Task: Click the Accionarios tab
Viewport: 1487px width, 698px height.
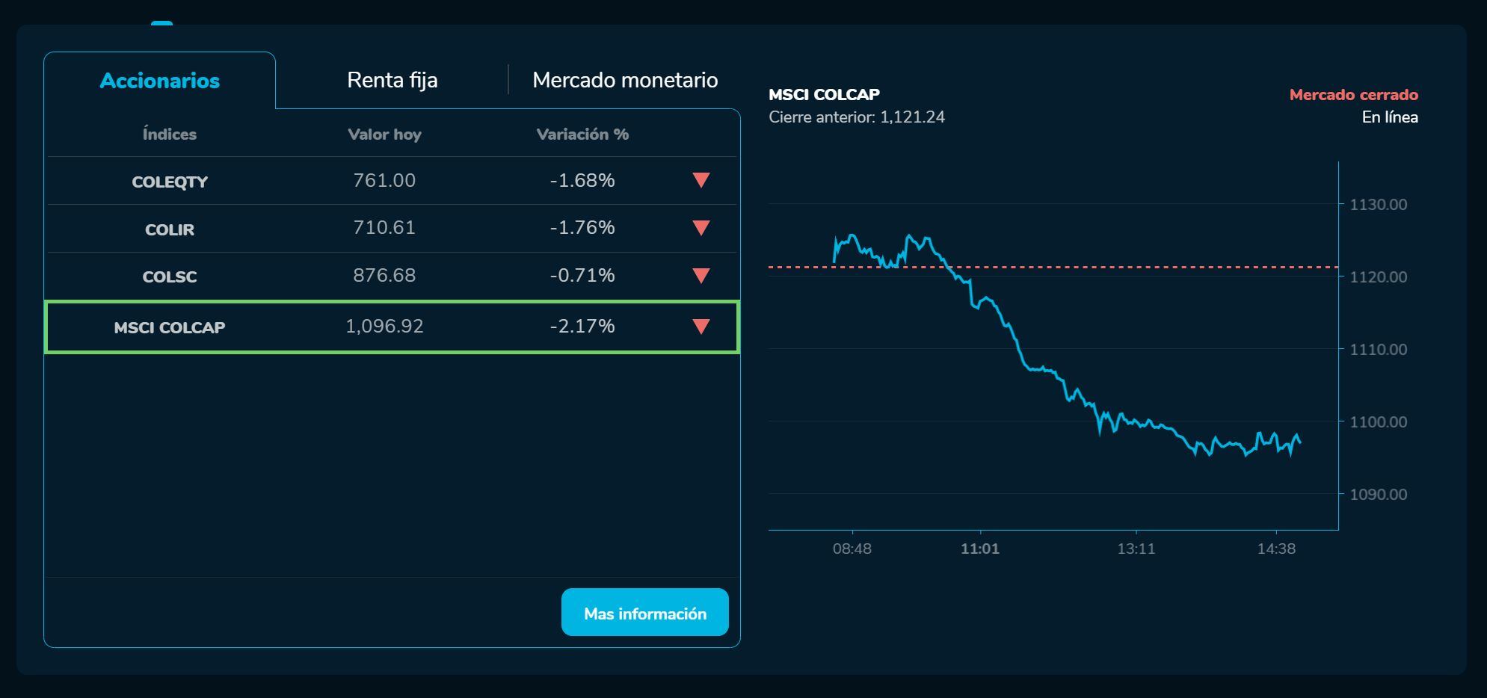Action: point(159,81)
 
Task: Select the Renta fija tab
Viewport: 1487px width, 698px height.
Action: point(392,80)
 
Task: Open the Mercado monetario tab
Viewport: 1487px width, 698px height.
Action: point(625,80)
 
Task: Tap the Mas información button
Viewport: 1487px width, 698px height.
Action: point(644,613)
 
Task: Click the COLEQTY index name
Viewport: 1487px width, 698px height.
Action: point(170,182)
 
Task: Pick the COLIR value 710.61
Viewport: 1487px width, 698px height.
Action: point(384,228)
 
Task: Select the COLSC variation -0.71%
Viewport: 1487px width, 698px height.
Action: point(582,276)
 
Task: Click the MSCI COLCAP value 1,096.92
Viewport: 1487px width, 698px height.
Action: point(384,327)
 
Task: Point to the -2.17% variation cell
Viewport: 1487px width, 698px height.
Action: point(582,327)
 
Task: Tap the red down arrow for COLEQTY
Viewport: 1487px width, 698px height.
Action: point(701,180)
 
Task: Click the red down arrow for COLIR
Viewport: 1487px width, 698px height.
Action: point(701,228)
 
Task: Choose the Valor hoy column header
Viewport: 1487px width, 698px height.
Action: point(384,135)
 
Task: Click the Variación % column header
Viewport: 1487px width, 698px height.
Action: point(582,135)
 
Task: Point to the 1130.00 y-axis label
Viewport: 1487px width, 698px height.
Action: point(1378,205)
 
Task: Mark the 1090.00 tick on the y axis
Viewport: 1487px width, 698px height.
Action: point(1378,495)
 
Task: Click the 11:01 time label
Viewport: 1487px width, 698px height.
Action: point(979,549)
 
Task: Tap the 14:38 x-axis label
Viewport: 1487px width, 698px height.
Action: point(1276,549)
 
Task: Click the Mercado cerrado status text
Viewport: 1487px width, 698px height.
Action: point(1353,95)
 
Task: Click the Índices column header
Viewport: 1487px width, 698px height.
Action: point(170,135)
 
